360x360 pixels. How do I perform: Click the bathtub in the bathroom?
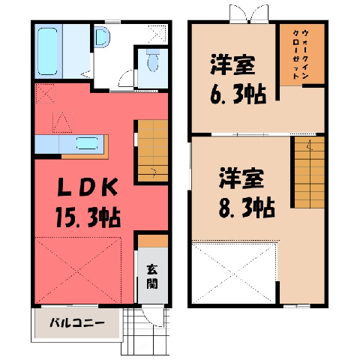[x=47, y=51]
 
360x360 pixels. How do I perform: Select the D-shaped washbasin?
[x=102, y=37]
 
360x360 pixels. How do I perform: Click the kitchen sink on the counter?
[x=87, y=143]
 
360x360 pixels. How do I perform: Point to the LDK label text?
[x=88, y=187]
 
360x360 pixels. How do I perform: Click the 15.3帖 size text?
[x=88, y=217]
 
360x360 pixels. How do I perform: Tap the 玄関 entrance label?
[x=152, y=276]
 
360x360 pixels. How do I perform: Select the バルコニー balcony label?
[x=77, y=323]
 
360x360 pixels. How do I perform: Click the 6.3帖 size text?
[x=238, y=94]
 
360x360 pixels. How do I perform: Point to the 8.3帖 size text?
[x=247, y=208]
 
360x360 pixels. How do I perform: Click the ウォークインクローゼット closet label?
[x=301, y=54]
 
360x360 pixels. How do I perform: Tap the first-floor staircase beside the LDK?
[x=153, y=151]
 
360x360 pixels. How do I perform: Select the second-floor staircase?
[x=310, y=172]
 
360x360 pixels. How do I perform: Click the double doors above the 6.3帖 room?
[x=249, y=14]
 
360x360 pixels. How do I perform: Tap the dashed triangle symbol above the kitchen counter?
[x=62, y=122]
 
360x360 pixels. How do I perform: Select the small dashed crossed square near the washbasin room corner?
[x=157, y=34]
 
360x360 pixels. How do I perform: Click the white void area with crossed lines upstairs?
[x=234, y=273]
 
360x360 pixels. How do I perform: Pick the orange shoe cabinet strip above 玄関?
[x=153, y=241]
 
